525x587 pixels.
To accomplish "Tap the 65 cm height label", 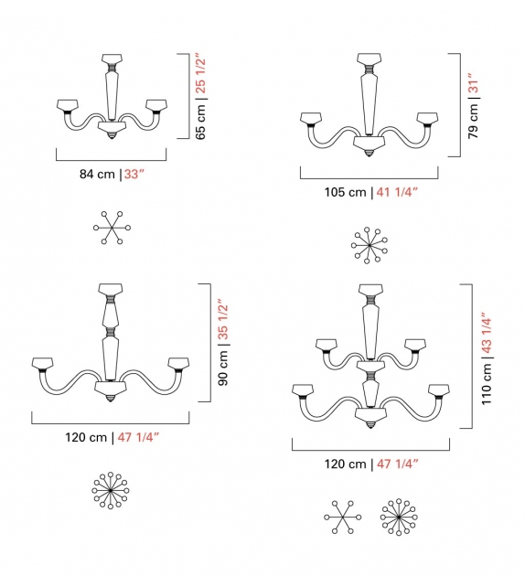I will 201,120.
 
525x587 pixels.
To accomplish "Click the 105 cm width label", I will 345,192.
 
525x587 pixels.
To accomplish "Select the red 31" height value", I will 472,84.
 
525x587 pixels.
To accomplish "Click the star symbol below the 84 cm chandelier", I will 112,226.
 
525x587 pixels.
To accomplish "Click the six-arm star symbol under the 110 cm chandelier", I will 342,517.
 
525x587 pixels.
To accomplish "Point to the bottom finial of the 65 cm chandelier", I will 112,136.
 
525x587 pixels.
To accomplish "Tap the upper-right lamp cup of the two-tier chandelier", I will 415,346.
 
